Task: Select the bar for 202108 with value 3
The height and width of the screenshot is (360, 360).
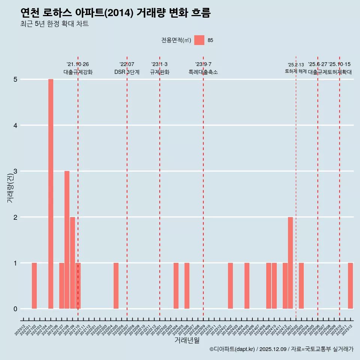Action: coord(67,240)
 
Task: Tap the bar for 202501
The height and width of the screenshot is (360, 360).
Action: coord(290,263)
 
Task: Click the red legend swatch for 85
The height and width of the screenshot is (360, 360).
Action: coord(199,40)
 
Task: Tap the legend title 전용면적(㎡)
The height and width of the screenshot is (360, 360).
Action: coord(176,40)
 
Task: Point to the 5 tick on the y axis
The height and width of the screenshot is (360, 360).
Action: coord(15,79)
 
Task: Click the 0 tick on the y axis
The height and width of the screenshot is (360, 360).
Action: coord(15,309)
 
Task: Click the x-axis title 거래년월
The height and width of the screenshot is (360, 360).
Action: coord(187,340)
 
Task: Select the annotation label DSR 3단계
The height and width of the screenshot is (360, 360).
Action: coord(127,72)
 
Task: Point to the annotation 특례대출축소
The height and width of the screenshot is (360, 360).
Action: coord(203,72)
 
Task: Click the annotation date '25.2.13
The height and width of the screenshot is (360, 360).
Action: coord(296,65)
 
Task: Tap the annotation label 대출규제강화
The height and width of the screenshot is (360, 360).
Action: coord(78,72)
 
